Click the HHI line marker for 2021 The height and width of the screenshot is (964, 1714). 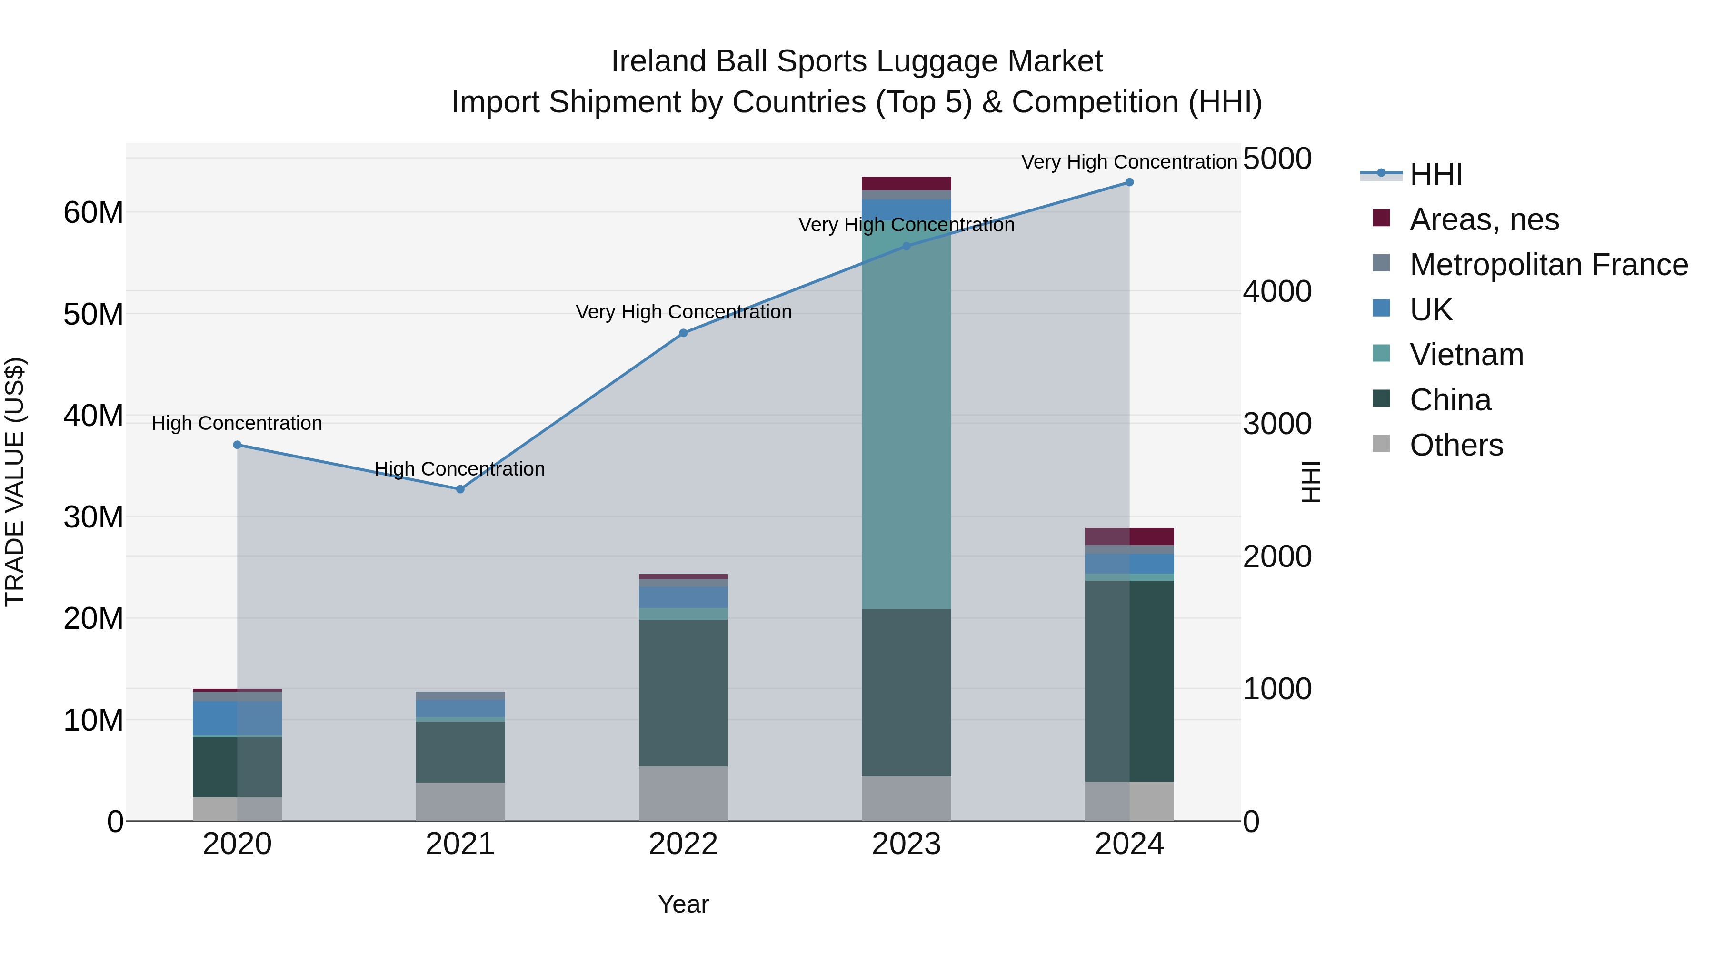[x=460, y=489]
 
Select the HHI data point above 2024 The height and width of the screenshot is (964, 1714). [x=1129, y=182]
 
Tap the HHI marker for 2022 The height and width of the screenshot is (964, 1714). [x=683, y=333]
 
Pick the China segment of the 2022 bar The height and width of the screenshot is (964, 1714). [x=683, y=692]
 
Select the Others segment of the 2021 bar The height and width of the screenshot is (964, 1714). [x=460, y=801]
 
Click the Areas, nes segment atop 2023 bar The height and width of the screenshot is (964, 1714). [x=906, y=184]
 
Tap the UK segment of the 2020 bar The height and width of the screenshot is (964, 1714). [x=237, y=718]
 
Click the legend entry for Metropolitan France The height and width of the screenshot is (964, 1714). [x=1548, y=265]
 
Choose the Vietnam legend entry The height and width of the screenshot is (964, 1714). [x=1466, y=355]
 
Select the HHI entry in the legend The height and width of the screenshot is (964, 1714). [x=1436, y=174]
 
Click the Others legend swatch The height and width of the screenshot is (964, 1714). [x=1381, y=444]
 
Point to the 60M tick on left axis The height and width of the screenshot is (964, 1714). [x=93, y=213]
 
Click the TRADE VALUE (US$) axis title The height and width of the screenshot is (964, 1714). [x=15, y=482]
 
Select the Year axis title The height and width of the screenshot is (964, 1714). [x=683, y=904]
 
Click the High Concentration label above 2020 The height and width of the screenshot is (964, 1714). [x=237, y=423]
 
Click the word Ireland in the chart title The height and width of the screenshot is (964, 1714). [x=658, y=61]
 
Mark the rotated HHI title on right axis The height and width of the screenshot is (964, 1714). [x=1310, y=482]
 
